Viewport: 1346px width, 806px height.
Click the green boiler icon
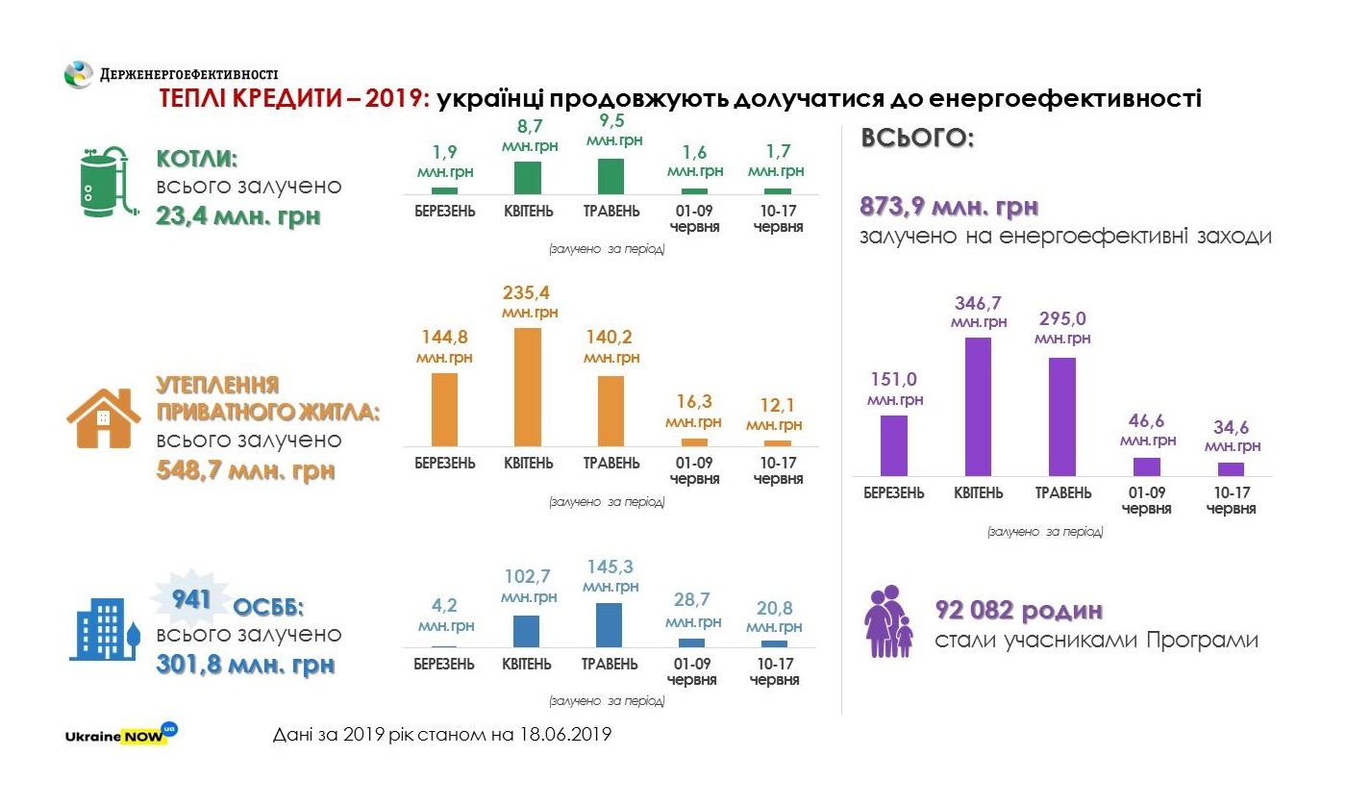(x=103, y=183)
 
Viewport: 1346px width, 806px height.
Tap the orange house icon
(x=103, y=418)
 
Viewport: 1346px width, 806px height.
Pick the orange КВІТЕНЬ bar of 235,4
(x=528, y=386)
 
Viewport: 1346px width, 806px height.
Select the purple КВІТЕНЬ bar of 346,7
(x=978, y=406)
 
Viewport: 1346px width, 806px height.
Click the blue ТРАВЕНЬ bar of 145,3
(x=610, y=624)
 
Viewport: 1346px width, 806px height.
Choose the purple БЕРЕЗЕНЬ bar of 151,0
(x=894, y=445)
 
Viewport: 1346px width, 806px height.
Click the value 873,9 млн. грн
(x=949, y=207)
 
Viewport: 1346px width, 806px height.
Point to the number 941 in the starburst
(x=191, y=600)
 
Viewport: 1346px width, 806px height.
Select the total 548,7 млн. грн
(x=245, y=471)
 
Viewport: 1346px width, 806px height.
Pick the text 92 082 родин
(x=1018, y=611)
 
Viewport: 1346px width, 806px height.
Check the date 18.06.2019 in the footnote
(x=562, y=735)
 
